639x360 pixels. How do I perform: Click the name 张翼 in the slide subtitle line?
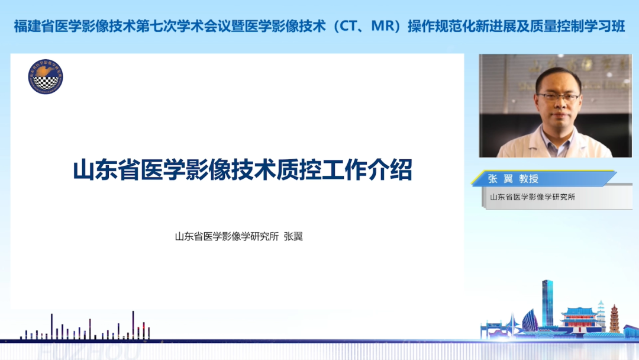(293, 237)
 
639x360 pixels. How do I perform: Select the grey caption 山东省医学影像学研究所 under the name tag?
(532, 197)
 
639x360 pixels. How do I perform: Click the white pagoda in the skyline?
(601, 314)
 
